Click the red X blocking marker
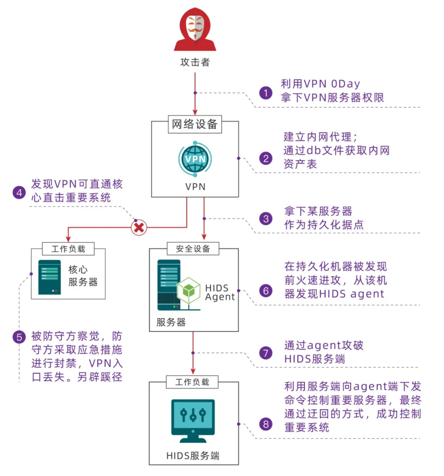coord(139,227)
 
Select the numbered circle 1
coord(266,93)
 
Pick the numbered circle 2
coord(266,158)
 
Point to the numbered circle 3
coord(266,219)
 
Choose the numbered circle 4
coord(19,192)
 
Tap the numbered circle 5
coord(19,337)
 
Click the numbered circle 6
coord(266,291)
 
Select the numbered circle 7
coord(266,353)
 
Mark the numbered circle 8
coord(266,424)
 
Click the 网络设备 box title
coord(195,124)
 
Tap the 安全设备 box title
coord(193,249)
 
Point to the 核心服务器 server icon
coord(49,277)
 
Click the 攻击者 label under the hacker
coord(195,62)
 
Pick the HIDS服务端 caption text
coord(193,456)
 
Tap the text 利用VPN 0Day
coord(320,84)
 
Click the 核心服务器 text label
coord(83,276)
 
